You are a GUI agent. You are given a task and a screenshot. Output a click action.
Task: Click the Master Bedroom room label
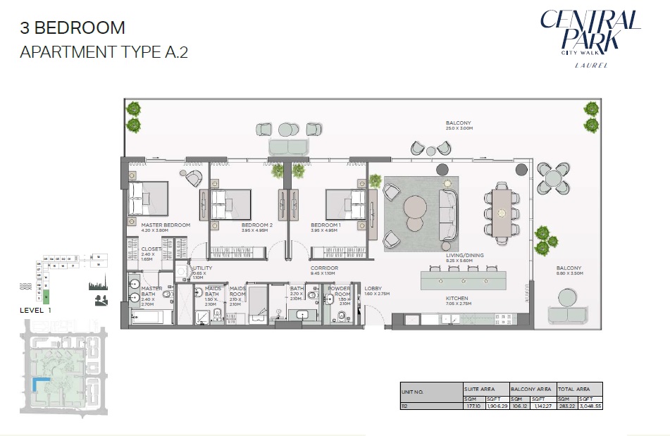coord(166,225)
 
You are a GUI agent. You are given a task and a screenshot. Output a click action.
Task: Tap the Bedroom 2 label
coord(256,225)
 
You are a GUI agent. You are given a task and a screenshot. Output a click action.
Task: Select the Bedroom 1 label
coord(326,225)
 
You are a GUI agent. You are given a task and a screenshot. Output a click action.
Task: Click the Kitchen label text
coord(457,298)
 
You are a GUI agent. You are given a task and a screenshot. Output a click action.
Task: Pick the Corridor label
coord(325,268)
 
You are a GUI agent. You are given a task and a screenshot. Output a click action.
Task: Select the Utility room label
coord(202,268)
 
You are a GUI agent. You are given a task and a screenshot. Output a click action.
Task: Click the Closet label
coord(151,249)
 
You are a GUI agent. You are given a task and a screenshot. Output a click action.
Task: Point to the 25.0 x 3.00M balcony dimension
coord(459,129)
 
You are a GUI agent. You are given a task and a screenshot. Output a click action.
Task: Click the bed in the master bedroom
coord(148,199)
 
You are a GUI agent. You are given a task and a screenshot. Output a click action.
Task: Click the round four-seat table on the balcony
coord(552,177)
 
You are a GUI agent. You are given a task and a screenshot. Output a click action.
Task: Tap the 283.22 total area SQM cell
coord(566,406)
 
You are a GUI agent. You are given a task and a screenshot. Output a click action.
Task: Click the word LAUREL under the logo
coord(590,66)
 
